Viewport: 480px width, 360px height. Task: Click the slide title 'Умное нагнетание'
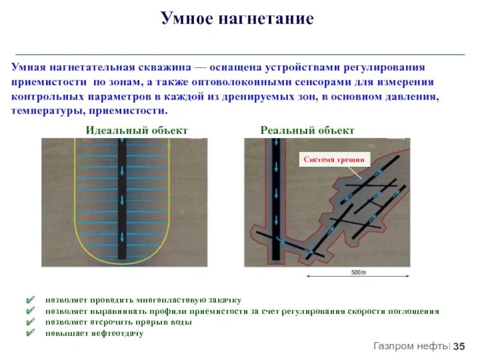point(237,19)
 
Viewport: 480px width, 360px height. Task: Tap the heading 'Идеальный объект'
point(137,130)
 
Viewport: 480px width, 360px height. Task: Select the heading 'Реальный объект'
point(307,130)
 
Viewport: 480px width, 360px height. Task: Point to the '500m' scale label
point(358,272)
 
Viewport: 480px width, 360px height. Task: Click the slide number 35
point(459,346)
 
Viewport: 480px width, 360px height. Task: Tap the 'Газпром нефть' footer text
point(410,346)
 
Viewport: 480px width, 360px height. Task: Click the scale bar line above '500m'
point(358,277)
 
